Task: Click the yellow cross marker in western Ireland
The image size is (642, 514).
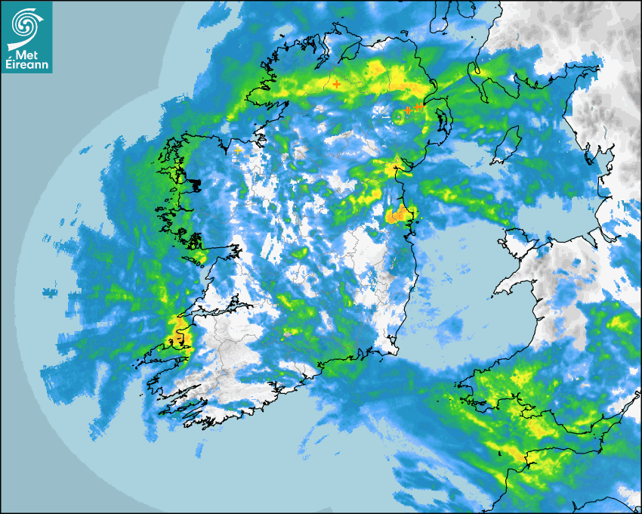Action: coord(238,150)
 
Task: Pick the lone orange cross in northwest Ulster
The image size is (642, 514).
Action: coord(336,85)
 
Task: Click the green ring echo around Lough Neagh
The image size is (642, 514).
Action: coord(399,116)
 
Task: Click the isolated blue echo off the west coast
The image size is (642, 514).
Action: coord(50,291)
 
